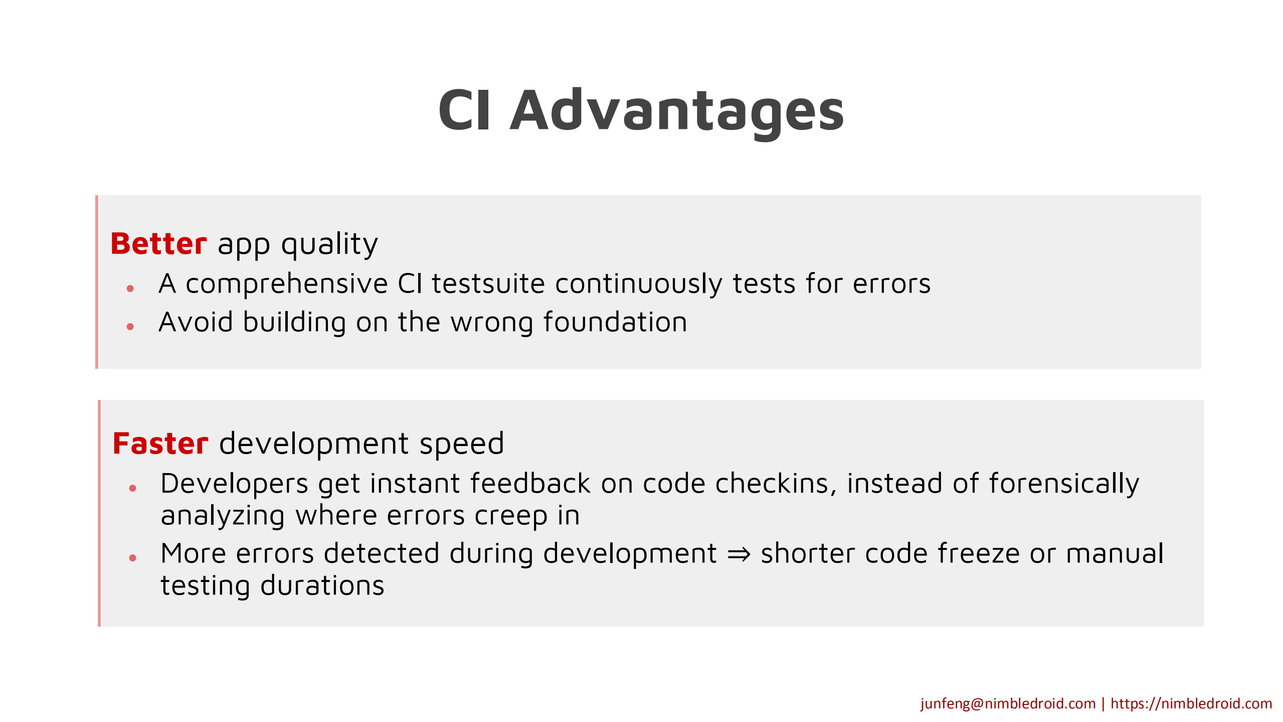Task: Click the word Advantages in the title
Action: (677, 111)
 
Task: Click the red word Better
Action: (158, 244)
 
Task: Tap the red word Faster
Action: (160, 444)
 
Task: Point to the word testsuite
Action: (488, 283)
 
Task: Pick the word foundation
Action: (615, 322)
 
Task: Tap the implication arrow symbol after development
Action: (739, 554)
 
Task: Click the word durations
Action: (322, 586)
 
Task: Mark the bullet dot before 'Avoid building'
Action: (130, 327)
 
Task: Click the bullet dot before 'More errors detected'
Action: (133, 557)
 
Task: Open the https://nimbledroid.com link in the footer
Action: (1191, 703)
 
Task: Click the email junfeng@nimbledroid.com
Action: (1008, 703)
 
